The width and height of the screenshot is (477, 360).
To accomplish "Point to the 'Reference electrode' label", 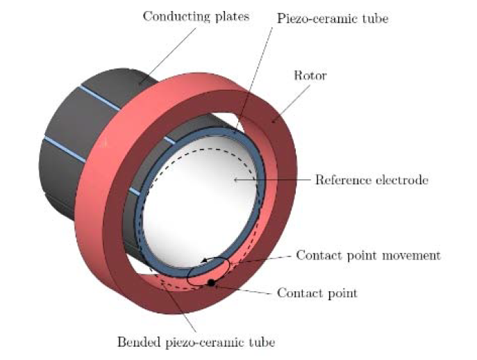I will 371,181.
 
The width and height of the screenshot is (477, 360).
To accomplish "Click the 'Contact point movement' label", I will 368,255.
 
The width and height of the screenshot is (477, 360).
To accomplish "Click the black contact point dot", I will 210,283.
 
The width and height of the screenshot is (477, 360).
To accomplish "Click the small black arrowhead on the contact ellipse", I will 205,261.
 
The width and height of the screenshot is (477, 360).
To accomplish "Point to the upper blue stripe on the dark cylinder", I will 104,99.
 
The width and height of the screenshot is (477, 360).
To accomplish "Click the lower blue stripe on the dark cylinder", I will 66,148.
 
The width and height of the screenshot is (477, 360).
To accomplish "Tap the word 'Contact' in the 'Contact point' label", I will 297,293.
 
